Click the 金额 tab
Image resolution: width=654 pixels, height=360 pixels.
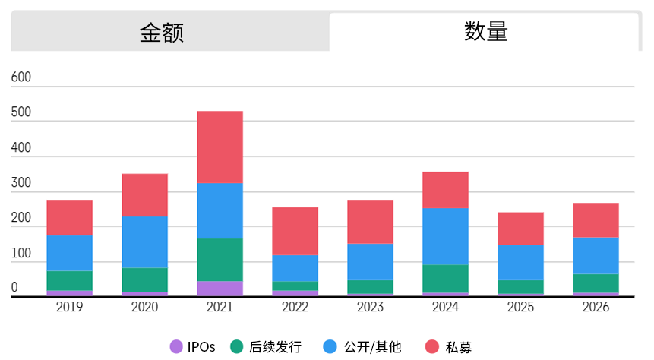coord(162,32)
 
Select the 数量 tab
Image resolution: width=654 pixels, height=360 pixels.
coord(485,32)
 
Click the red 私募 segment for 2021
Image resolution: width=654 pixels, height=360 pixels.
coord(220,147)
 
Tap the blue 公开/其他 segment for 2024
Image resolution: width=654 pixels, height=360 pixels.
coord(445,236)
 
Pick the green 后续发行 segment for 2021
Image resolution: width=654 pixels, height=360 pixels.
coord(220,260)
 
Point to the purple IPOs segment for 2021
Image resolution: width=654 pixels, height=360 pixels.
coord(220,289)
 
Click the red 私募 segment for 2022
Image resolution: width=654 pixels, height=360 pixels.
coord(295,231)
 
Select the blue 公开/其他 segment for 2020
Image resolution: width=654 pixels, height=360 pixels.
coord(145,242)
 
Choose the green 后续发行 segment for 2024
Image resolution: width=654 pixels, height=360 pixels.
coord(445,278)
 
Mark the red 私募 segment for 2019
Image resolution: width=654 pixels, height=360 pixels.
coord(70,217)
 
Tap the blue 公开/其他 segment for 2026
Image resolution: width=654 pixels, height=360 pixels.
coord(596,255)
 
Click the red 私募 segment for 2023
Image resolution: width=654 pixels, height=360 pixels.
coord(370,222)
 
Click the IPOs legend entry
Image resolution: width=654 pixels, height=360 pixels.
coord(193,347)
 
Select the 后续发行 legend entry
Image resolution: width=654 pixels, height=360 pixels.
coord(267,347)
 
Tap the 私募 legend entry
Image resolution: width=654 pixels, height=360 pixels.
coord(448,347)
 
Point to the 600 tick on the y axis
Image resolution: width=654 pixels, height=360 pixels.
coord(21,77)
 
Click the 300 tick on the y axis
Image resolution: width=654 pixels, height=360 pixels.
coord(21,183)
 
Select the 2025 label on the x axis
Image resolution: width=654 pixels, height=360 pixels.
coord(520,308)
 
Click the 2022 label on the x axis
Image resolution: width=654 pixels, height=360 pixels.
coord(295,308)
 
